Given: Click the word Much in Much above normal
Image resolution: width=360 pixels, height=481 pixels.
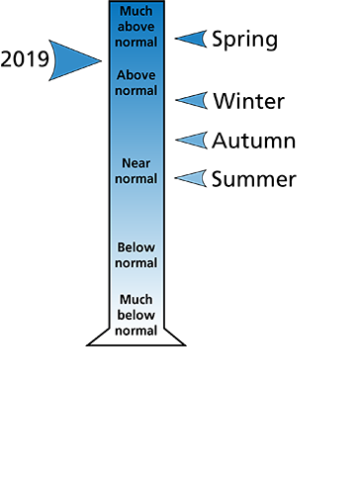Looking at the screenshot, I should point(135,11).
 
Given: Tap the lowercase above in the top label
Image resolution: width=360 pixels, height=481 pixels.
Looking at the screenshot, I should point(135,27).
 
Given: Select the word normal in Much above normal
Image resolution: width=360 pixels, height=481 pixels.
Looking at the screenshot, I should point(135,43).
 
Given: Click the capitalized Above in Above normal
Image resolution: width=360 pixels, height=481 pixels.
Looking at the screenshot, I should point(135,75).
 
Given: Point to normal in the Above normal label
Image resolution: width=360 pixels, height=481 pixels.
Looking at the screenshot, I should point(135,91).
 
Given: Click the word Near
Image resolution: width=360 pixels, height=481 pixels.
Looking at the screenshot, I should point(135,163).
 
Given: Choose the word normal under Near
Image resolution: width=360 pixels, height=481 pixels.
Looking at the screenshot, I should point(135,179).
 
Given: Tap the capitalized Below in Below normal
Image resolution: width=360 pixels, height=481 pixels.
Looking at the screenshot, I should point(135,247).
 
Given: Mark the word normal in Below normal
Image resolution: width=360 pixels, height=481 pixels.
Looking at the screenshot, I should point(135,263).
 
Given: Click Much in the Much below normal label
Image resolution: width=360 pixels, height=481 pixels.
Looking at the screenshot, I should point(135,299).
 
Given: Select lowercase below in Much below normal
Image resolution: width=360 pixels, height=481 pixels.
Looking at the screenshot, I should point(135,315).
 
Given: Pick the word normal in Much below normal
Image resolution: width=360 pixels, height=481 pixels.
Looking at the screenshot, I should point(135,331).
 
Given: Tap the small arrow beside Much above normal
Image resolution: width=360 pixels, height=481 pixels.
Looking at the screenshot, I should point(192,39).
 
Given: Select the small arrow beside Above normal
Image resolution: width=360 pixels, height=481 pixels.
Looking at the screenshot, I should point(192,100).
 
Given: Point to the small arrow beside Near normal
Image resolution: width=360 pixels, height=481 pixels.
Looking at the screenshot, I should point(192,178).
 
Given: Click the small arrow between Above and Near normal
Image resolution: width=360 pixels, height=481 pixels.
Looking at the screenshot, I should point(192,140).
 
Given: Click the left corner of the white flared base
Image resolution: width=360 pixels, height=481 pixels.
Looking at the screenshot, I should point(92,342).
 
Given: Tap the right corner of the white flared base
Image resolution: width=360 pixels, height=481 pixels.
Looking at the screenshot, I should point(181,342).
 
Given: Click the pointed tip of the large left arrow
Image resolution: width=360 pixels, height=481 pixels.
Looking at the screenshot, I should point(100,61).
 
